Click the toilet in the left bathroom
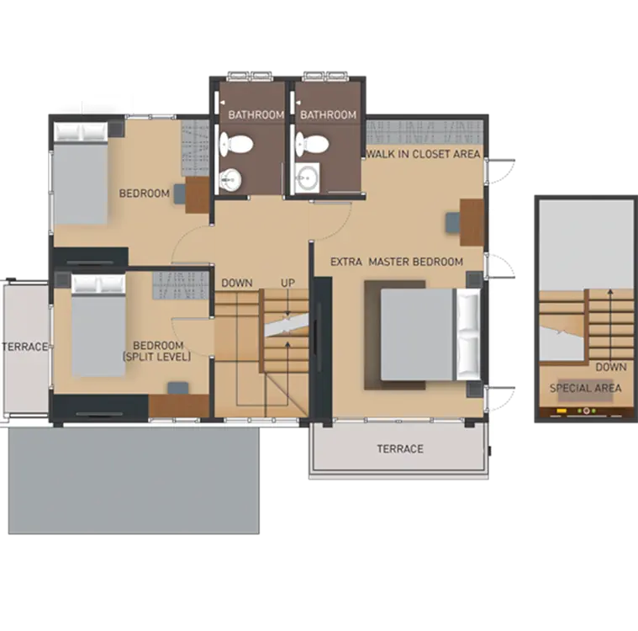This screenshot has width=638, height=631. pyautogui.click(x=236, y=144)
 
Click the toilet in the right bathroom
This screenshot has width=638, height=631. pyautogui.click(x=313, y=144)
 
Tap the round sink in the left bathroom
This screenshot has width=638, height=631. pyautogui.click(x=230, y=179)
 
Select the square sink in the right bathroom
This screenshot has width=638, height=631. pyautogui.click(x=308, y=178)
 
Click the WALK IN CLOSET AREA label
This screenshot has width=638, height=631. pyautogui.click(x=424, y=154)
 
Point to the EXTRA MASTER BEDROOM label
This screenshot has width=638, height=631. pyautogui.click(x=397, y=262)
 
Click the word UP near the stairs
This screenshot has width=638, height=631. pyautogui.click(x=287, y=283)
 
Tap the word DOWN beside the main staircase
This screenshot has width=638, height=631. pyautogui.click(x=237, y=283)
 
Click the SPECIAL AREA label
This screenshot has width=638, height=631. pyautogui.click(x=586, y=388)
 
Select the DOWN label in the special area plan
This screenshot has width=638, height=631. pyautogui.click(x=611, y=367)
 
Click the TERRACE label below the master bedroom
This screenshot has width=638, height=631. pyautogui.click(x=400, y=449)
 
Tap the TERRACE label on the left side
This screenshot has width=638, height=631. pyautogui.click(x=25, y=347)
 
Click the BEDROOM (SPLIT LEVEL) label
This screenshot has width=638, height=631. pyautogui.click(x=157, y=351)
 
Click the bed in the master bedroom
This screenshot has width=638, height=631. pyautogui.click(x=430, y=335)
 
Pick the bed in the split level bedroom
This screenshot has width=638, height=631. pyautogui.click(x=98, y=325)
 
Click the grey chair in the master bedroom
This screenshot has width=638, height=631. pyautogui.click(x=453, y=223)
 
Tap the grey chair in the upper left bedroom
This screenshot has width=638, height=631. pyautogui.click(x=180, y=194)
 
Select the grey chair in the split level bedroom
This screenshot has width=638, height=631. pyautogui.click(x=178, y=388)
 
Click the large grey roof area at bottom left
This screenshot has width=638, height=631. pyautogui.click(x=134, y=480)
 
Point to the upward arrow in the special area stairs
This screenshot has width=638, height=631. pyautogui.click(x=610, y=326)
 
